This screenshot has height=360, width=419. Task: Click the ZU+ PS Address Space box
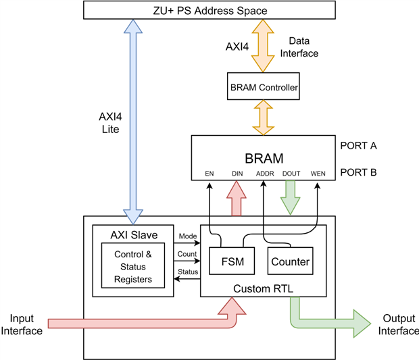coord(209,10)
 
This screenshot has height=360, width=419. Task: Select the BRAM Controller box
coord(263,86)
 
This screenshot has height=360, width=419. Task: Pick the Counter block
coord(289,261)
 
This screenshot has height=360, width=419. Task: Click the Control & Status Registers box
coord(134,266)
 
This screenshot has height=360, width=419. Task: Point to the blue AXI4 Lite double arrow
coord(132,122)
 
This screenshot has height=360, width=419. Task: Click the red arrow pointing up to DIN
coord(236,200)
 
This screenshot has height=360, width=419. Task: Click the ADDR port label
coord(264,174)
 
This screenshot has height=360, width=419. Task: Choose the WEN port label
coord(318,174)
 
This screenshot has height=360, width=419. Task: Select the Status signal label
coord(188,272)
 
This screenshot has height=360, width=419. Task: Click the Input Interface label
coord(26,324)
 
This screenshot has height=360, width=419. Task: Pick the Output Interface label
coord(397,324)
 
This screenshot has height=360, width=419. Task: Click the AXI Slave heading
coord(133,234)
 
